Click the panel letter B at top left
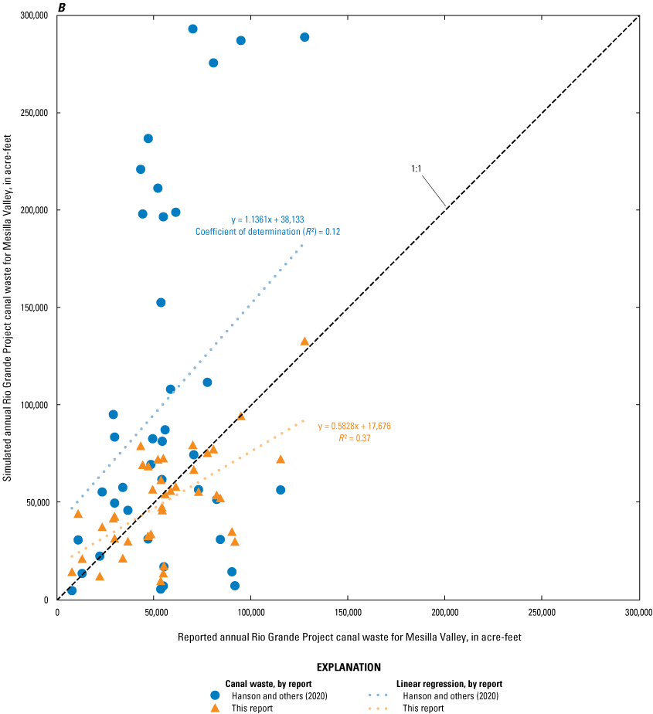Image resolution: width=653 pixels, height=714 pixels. (61, 8)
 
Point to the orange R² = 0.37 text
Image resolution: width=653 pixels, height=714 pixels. (354, 437)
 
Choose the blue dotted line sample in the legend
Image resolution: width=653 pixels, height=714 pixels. (379, 695)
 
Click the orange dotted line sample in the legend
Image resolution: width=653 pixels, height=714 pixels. (379, 708)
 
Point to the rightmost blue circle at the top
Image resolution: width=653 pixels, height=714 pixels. (304, 37)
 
